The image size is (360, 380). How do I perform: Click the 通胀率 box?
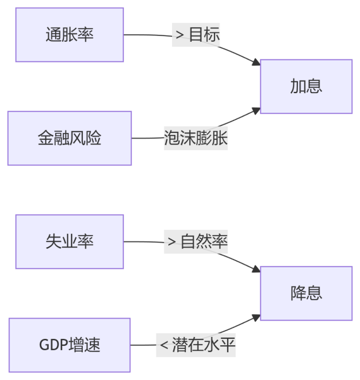click(70, 35)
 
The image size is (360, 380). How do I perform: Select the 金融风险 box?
click(70, 138)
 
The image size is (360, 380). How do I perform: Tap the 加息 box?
click(306, 86)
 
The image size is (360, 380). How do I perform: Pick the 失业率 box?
click(70, 242)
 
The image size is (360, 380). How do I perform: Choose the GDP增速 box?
click(70, 345)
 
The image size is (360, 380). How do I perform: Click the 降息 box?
click(306, 293)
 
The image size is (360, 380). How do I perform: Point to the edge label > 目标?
click(196, 35)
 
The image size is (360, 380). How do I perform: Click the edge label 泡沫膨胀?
click(196, 138)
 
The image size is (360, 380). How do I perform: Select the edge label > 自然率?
click(196, 242)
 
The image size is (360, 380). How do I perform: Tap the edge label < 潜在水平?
click(196, 345)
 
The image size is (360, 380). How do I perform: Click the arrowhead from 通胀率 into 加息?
click(256, 62)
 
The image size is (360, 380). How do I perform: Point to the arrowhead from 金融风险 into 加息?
click(256, 111)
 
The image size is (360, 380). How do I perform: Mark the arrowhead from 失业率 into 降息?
click(256, 269)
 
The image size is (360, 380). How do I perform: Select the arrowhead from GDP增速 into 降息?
click(256, 318)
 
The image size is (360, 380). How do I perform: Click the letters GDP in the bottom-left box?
click(54, 345)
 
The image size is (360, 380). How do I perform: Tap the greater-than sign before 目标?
click(180, 35)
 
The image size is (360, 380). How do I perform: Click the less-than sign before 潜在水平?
click(164, 345)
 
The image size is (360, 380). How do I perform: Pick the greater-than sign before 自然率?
click(171, 242)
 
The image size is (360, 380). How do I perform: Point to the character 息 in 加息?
click(314, 86)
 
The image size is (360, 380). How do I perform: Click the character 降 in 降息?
click(298, 293)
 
